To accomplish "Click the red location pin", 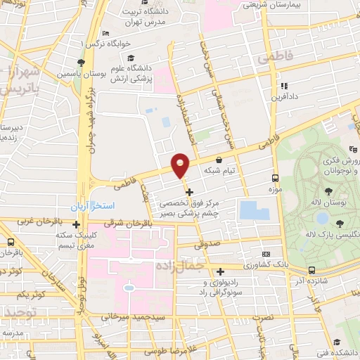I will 181,165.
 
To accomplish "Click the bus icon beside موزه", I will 274,179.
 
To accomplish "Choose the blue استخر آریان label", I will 94,207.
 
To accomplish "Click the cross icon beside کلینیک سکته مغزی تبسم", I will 76,244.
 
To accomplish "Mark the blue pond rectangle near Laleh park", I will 249,209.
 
